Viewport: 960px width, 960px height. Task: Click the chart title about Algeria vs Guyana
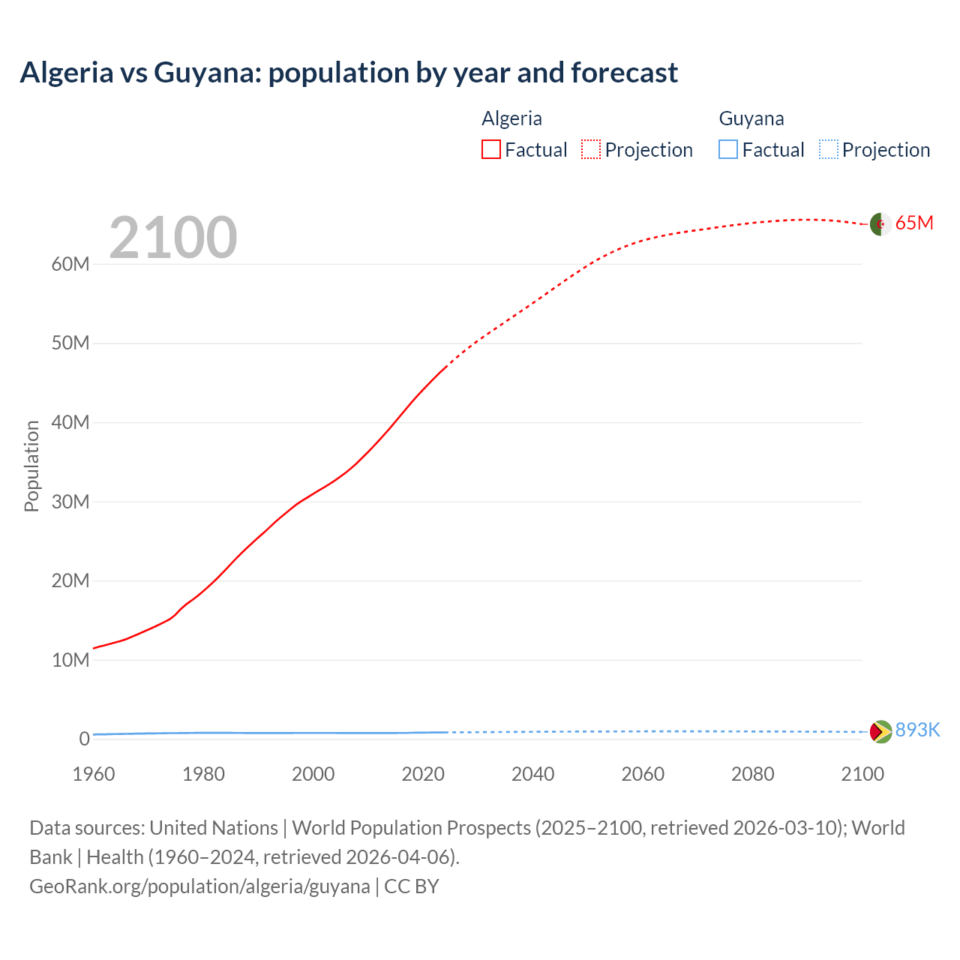[x=349, y=73]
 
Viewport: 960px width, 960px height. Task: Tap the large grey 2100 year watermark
[x=173, y=238]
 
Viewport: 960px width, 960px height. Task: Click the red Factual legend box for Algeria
[x=490, y=149]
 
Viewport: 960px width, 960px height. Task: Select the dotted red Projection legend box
[x=591, y=149]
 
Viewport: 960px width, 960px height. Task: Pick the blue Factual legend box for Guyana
[x=727, y=149]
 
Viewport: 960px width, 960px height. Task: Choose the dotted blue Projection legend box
[x=828, y=149]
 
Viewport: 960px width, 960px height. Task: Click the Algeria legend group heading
[x=511, y=118]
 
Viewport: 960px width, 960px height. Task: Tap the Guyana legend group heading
[x=751, y=118]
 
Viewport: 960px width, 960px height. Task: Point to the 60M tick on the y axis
[x=70, y=264]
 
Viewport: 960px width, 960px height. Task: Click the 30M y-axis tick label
[x=70, y=502]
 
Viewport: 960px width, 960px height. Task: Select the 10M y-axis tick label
[x=70, y=660]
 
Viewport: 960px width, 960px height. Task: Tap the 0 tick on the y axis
[x=84, y=739]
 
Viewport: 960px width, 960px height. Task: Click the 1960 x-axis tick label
[x=94, y=774]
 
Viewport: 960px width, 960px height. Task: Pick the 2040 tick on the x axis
[x=532, y=774]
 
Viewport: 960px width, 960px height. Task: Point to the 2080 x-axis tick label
[x=752, y=774]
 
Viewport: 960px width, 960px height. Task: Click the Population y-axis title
[x=31, y=466]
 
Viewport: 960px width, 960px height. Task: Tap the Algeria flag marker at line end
[x=880, y=223]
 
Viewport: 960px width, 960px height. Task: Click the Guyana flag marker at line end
[x=880, y=731]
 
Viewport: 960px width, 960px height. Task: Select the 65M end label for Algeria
[x=914, y=223]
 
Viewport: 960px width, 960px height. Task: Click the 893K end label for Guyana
[x=917, y=730]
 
